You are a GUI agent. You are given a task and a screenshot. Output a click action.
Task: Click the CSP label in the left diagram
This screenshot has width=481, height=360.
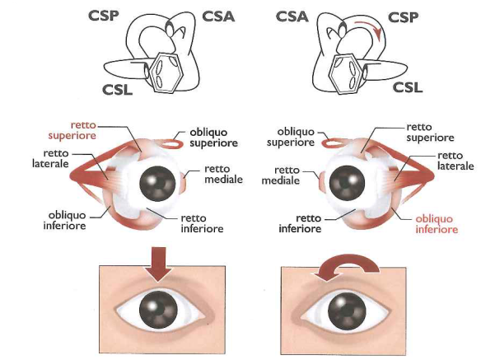104,16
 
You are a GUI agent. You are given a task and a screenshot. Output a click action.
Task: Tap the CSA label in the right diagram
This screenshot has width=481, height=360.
292,16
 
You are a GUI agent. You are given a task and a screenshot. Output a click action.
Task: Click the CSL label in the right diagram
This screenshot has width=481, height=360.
408,87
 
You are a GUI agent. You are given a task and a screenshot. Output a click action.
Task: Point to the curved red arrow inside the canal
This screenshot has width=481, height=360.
371,28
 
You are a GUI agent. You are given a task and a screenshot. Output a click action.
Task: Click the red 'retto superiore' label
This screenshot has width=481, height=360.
72,130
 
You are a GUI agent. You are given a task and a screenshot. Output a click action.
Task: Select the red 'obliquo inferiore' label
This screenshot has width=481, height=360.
437,224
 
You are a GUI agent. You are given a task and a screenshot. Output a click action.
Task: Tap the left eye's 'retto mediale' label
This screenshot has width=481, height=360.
224,174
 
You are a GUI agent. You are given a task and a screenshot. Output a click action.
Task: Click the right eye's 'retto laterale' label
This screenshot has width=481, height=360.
455,161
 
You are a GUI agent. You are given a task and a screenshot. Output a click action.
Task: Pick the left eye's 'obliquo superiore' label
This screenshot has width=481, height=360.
213,138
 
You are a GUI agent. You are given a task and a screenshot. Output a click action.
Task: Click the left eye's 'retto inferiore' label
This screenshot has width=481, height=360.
202,223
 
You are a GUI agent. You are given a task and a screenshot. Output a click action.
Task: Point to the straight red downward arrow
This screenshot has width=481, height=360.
158,264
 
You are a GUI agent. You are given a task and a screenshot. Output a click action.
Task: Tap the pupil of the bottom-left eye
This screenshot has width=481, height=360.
158,310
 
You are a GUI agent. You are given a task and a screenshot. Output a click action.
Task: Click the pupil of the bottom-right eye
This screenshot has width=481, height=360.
347,311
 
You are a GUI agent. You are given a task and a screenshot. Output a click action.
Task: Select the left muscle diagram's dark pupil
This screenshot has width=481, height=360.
157,184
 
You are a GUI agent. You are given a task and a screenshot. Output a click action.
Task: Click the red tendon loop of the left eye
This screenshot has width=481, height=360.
172,143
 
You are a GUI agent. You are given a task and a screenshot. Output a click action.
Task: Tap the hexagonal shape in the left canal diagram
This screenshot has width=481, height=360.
166,72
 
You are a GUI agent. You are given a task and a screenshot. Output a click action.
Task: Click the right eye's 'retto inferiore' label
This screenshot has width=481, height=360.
300,223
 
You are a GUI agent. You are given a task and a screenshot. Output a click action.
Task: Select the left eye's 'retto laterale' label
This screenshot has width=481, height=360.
50,158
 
